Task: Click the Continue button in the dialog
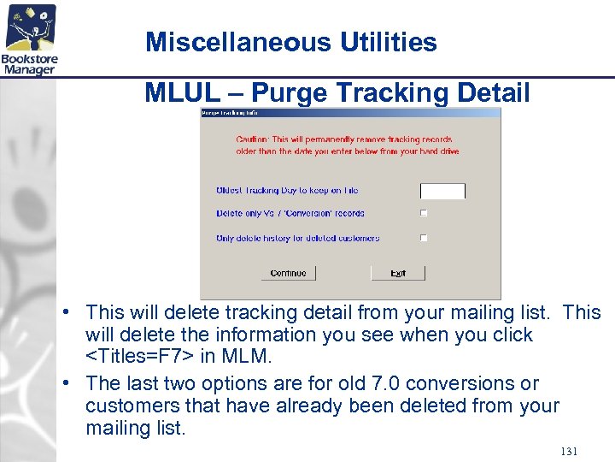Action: pos(288,273)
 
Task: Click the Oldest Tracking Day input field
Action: pos(442,191)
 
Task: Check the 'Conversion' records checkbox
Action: pos(424,214)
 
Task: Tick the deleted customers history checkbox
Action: pos(424,239)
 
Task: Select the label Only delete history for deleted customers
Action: pos(297,239)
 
